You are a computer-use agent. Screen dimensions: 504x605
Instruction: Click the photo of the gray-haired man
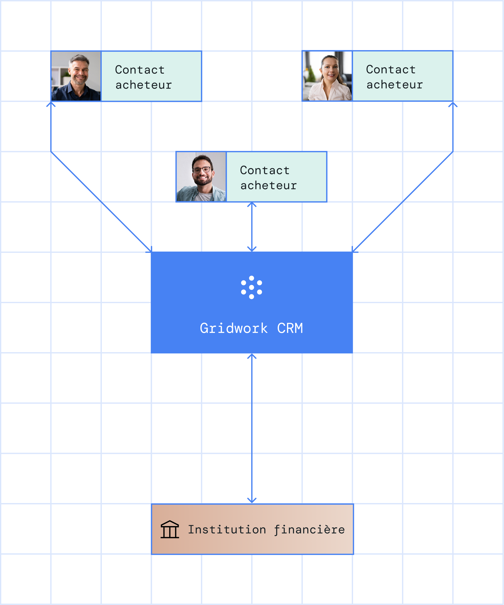pyautogui.click(x=76, y=76)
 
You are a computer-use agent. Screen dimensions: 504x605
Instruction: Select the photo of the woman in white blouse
pyautogui.click(x=327, y=76)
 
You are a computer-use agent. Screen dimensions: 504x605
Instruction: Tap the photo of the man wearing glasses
pyautogui.click(x=201, y=177)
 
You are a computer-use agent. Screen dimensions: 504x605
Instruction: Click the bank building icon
pyautogui.click(x=170, y=529)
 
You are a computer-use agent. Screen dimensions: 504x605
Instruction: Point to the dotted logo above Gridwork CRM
pyautogui.click(x=252, y=287)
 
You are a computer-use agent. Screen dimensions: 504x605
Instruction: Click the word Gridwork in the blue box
pyautogui.click(x=234, y=328)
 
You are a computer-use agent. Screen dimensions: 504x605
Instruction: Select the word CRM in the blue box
pyautogui.click(x=290, y=328)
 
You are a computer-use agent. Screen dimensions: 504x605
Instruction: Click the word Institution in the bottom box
pyautogui.click(x=227, y=529)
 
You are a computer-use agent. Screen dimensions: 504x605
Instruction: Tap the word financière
pyautogui.click(x=309, y=529)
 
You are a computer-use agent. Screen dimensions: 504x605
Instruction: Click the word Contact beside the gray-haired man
pyautogui.click(x=140, y=70)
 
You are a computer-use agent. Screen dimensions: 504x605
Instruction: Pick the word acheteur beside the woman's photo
pyautogui.click(x=395, y=85)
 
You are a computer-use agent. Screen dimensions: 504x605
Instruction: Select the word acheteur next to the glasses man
pyautogui.click(x=269, y=186)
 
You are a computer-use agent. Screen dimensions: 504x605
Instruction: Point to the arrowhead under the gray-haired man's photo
pyautogui.click(x=51, y=104)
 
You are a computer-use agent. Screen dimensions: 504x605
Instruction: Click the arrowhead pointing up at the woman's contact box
pyautogui.click(x=453, y=104)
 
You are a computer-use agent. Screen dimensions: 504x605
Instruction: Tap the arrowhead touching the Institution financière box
pyautogui.click(x=252, y=501)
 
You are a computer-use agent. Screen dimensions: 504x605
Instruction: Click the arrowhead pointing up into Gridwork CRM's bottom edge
pyautogui.click(x=252, y=356)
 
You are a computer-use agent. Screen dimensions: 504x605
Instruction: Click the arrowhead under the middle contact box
pyautogui.click(x=252, y=204)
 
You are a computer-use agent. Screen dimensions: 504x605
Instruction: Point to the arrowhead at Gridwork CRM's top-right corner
pyautogui.click(x=353, y=250)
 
